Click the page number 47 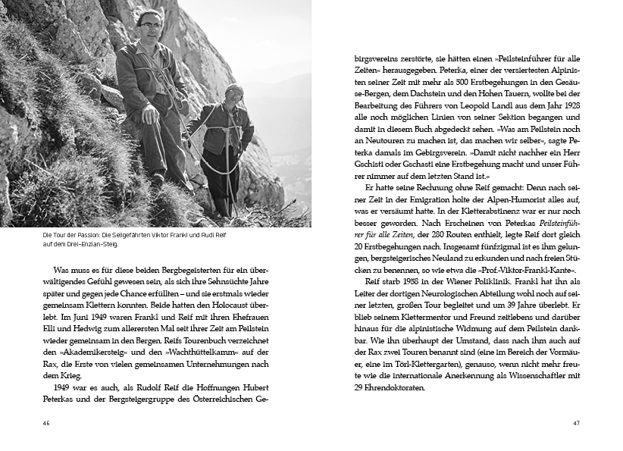click(x=576, y=422)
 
